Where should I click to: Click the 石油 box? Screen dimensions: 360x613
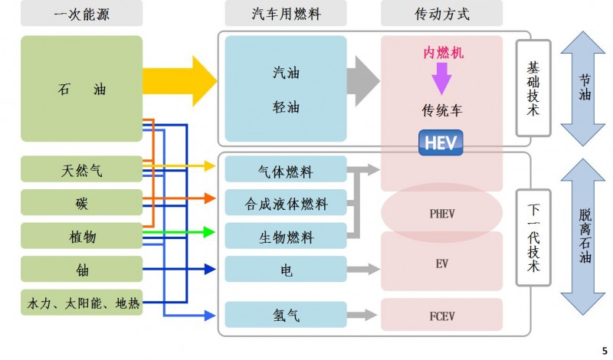[81, 89]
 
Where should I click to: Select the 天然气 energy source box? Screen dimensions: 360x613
[81, 169]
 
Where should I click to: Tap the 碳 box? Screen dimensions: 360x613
[81, 202]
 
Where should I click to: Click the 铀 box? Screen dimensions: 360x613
[81, 270]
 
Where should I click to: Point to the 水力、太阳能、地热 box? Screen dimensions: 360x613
[81, 303]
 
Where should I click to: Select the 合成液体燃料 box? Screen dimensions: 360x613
[285, 204]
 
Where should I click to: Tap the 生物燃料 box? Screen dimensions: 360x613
[285, 237]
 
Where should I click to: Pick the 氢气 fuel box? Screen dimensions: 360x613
[285, 314]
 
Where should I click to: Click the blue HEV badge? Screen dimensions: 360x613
[441, 143]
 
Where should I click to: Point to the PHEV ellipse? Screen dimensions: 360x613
[441, 214]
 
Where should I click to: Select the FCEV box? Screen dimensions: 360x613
[441, 314]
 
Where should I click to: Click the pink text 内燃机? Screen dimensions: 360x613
[443, 53]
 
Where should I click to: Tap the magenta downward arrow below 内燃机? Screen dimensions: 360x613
[441, 77]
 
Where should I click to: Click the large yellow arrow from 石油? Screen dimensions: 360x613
[181, 80]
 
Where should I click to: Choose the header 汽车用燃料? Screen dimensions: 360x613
[285, 13]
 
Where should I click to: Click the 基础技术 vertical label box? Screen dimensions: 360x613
[533, 89]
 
